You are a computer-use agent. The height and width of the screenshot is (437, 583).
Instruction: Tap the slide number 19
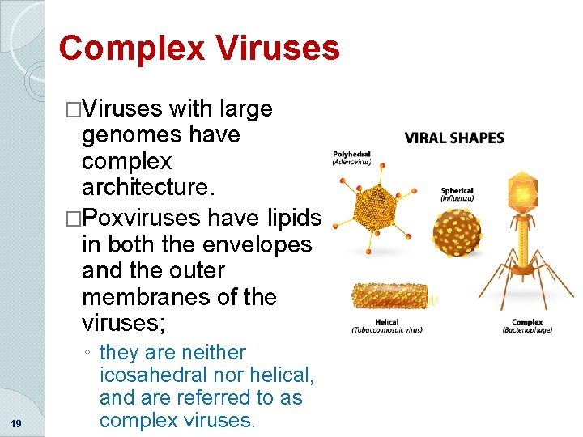click(x=16, y=423)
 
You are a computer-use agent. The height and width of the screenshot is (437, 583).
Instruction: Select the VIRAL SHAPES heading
click(x=454, y=138)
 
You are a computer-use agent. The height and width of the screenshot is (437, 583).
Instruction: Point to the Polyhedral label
click(x=351, y=153)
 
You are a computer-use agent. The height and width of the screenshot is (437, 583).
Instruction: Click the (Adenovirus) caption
click(x=351, y=162)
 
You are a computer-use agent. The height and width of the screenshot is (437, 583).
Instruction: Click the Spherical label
click(x=457, y=191)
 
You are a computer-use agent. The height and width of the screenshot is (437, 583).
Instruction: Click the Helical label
click(x=386, y=321)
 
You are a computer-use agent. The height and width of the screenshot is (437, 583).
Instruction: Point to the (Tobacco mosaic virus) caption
click(x=386, y=330)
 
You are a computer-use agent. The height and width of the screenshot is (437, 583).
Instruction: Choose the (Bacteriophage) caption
click(x=526, y=330)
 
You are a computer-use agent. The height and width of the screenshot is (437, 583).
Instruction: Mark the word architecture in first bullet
click(x=146, y=187)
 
